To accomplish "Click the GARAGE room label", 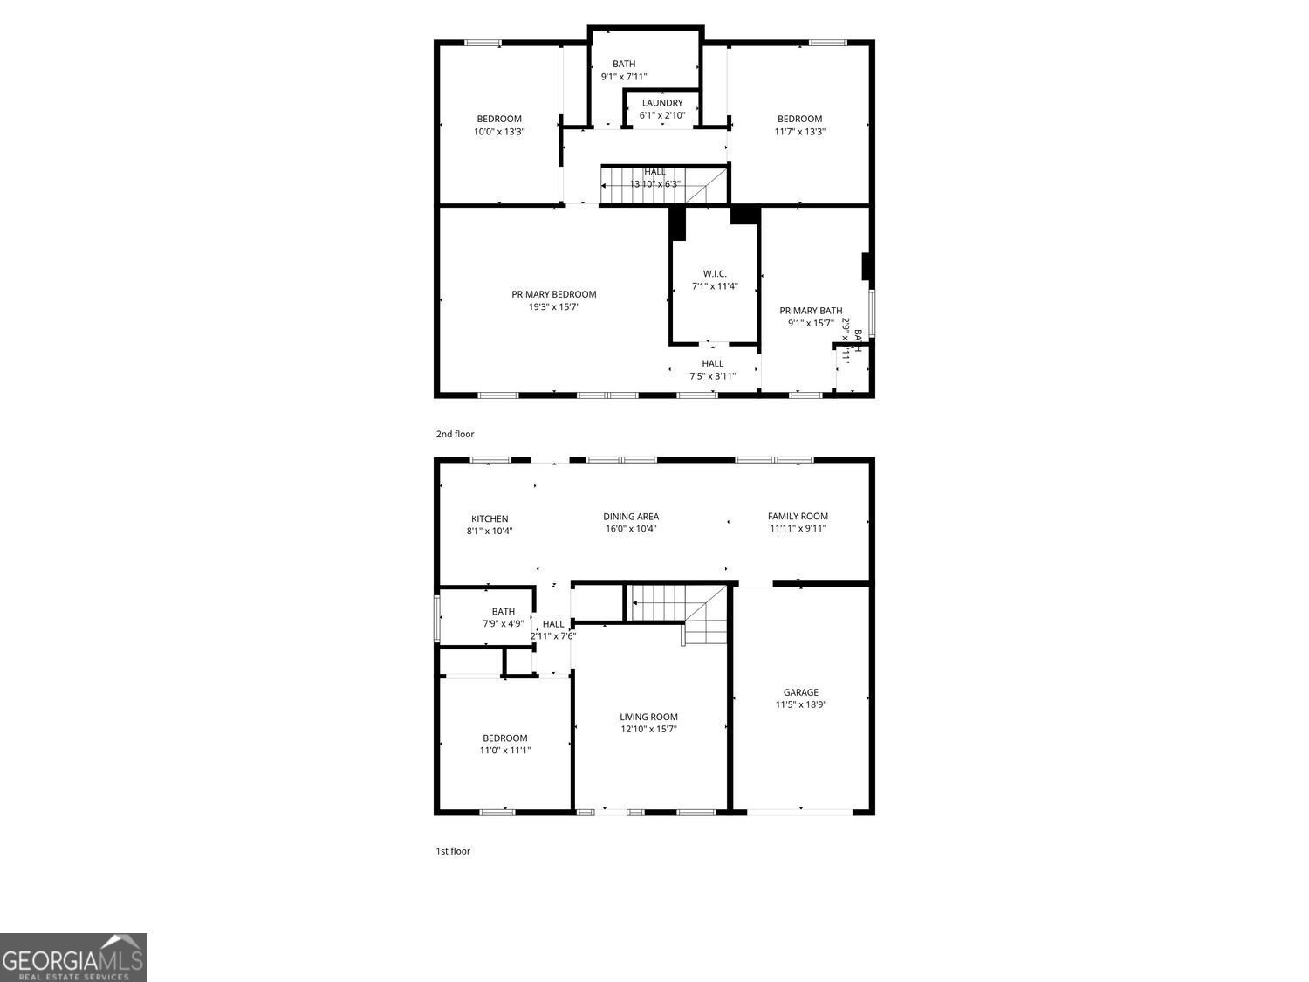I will click(800, 692).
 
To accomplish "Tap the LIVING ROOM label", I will click(648, 717).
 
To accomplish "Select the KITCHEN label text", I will click(489, 518).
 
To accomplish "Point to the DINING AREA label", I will click(631, 516).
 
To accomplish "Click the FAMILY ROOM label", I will click(798, 516).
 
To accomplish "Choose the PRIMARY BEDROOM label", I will click(553, 294).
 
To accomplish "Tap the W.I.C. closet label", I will click(715, 273).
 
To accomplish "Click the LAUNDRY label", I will click(662, 103).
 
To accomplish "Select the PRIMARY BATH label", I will click(811, 310).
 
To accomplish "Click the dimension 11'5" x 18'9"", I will click(800, 704).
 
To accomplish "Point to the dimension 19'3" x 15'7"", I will click(553, 306).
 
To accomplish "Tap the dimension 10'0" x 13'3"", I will click(498, 132).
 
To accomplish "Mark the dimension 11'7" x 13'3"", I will click(799, 132).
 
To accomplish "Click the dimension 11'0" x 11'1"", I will click(504, 750).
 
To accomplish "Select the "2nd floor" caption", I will click(455, 434).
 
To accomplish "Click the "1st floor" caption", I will click(453, 851).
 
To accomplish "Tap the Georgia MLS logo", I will click(73, 958).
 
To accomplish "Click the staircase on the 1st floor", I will click(676, 604).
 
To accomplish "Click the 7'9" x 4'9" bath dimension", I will click(504, 623).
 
